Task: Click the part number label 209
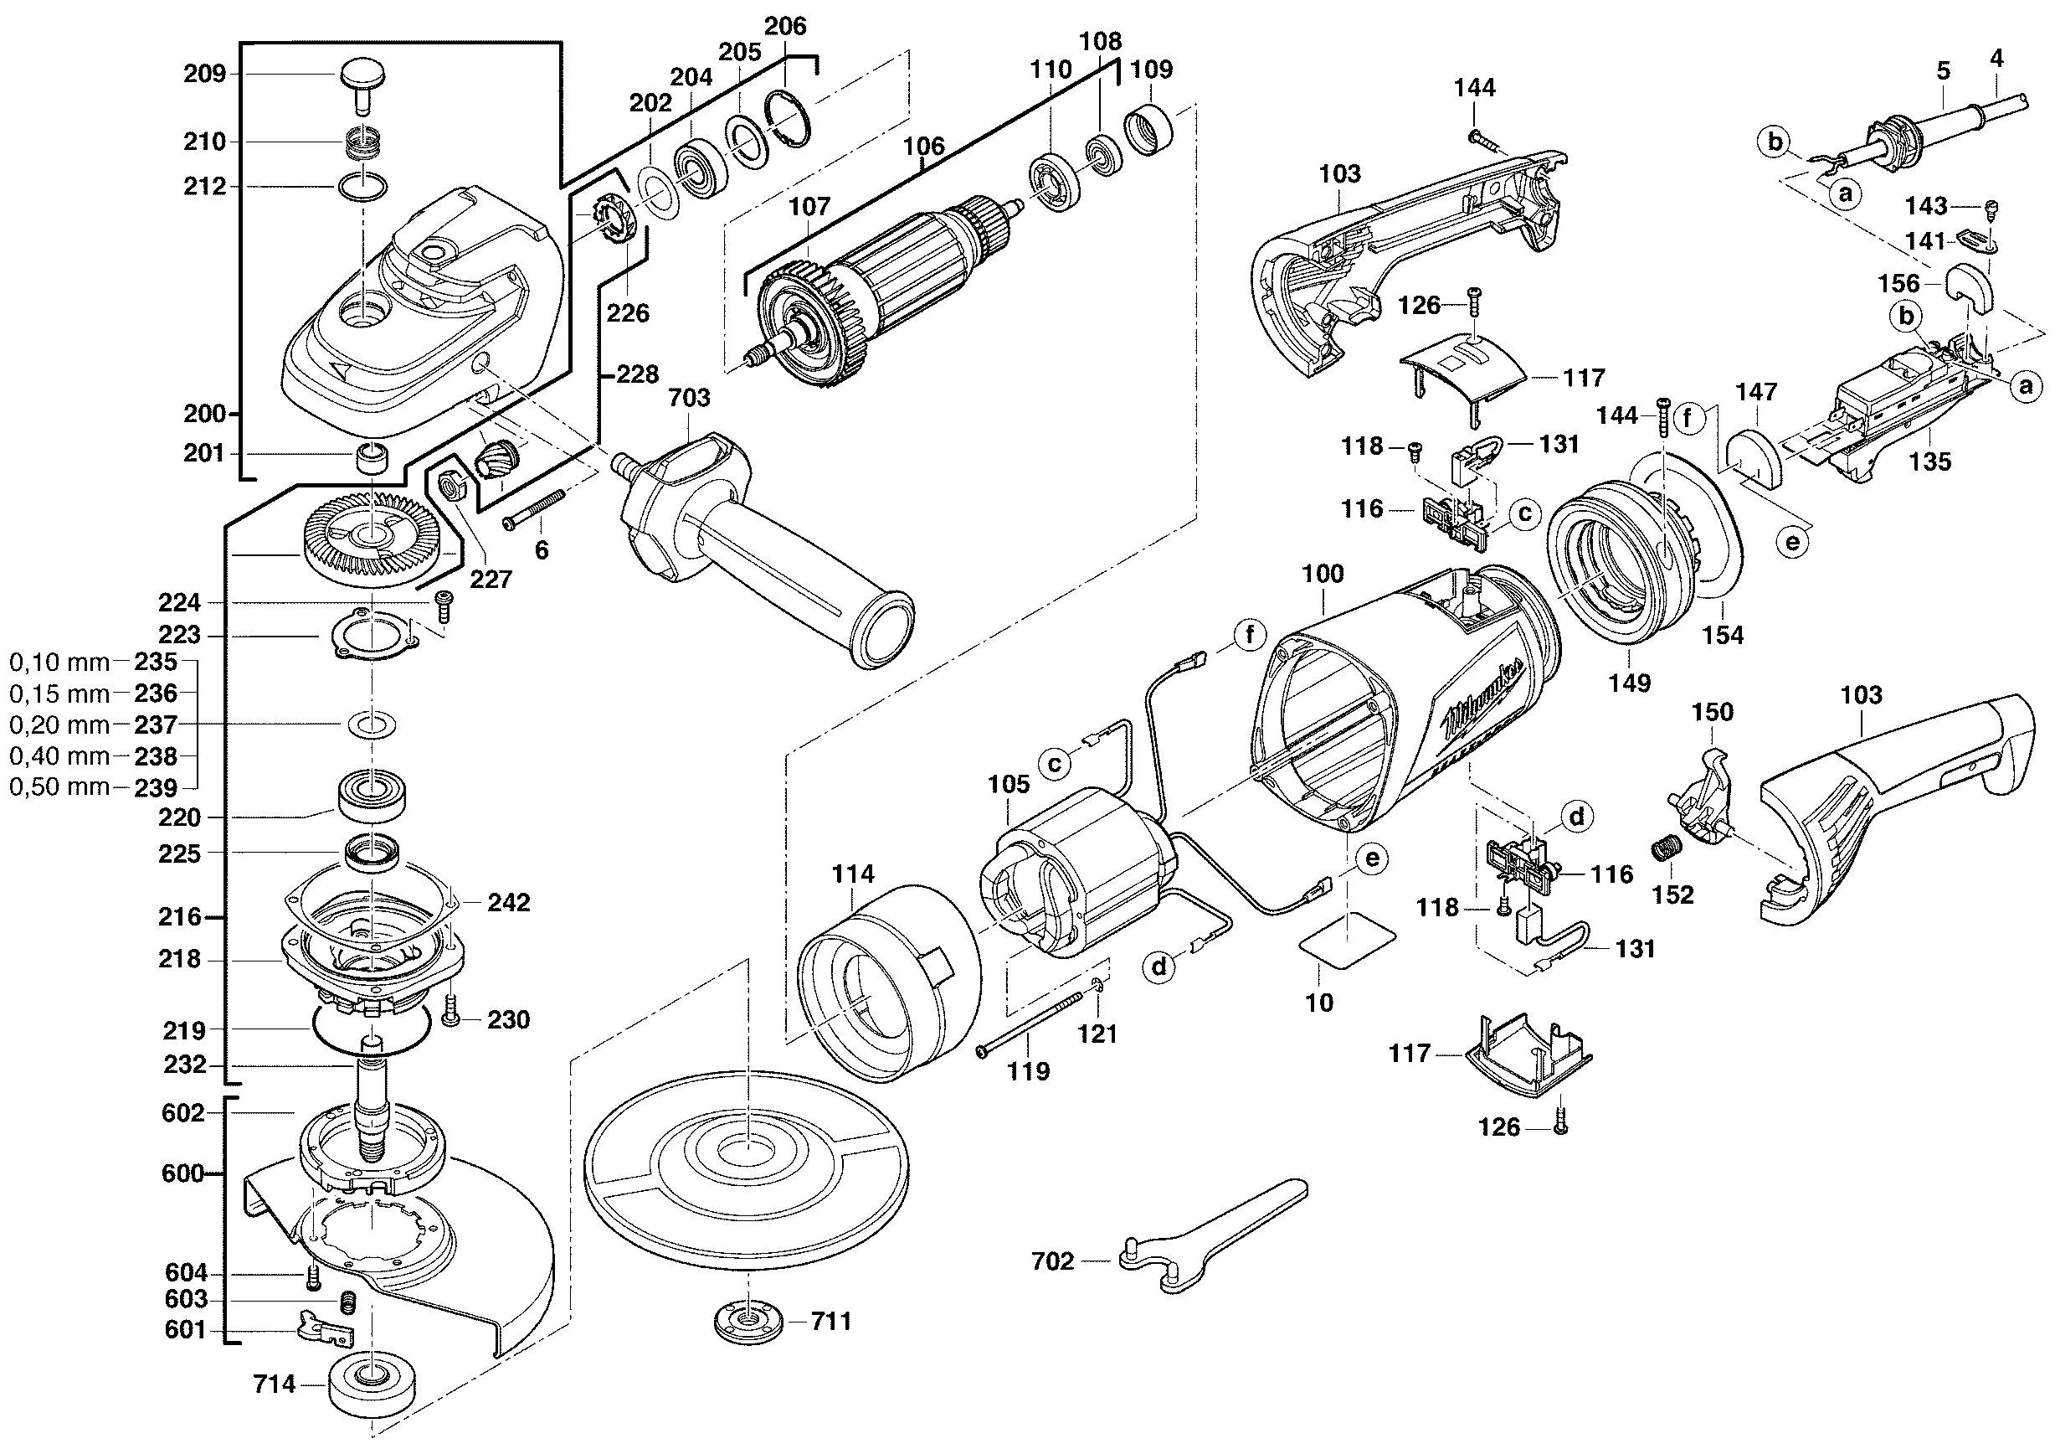(205, 74)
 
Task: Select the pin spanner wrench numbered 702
(1208, 1235)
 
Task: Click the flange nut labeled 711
(748, 1322)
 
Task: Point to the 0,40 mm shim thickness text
(59, 756)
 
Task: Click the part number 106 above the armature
(923, 146)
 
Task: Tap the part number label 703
(688, 398)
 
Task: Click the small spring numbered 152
(1663, 848)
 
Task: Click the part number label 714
(274, 1384)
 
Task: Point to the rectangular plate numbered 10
(1348, 940)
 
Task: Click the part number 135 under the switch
(1929, 462)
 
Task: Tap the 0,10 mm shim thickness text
(59, 663)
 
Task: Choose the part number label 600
(183, 1173)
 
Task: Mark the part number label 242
(508, 903)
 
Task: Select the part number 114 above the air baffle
(853, 874)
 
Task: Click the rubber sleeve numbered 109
(1148, 130)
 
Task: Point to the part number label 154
(1723, 636)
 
